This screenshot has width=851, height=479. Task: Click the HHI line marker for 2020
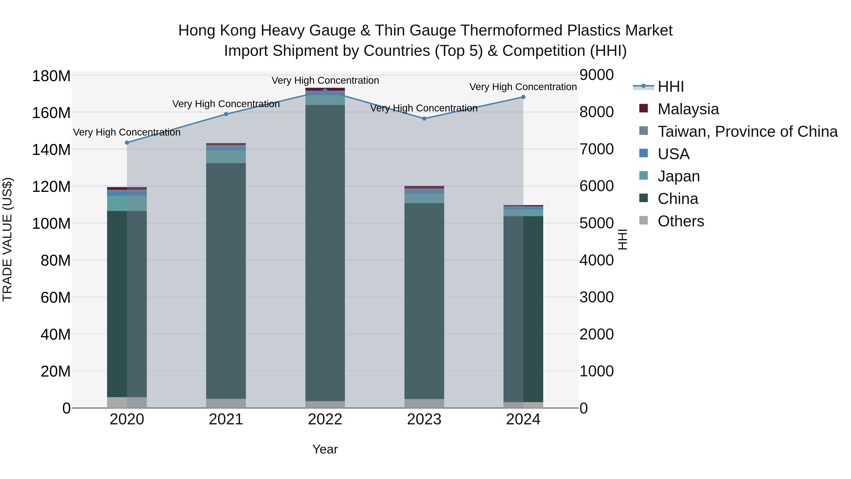tap(127, 142)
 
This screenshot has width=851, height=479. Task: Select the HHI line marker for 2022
tap(325, 90)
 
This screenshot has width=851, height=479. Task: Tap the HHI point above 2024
tap(523, 97)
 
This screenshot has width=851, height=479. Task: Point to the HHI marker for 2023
tap(424, 118)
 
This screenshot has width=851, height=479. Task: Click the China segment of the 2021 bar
tap(226, 281)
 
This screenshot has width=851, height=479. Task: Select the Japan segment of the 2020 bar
tap(127, 203)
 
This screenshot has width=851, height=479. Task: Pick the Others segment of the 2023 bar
tap(424, 403)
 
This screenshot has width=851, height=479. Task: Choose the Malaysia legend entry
tap(688, 109)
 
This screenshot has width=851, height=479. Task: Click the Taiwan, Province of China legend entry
tap(747, 132)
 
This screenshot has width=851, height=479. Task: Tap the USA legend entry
tap(673, 154)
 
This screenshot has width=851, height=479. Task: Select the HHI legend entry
tap(671, 87)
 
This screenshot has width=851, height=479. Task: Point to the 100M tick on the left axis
tap(51, 224)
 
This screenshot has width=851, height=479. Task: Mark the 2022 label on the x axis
tap(325, 419)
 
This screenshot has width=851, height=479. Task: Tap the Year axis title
tap(325, 449)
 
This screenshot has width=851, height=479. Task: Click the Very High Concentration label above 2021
tap(226, 104)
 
